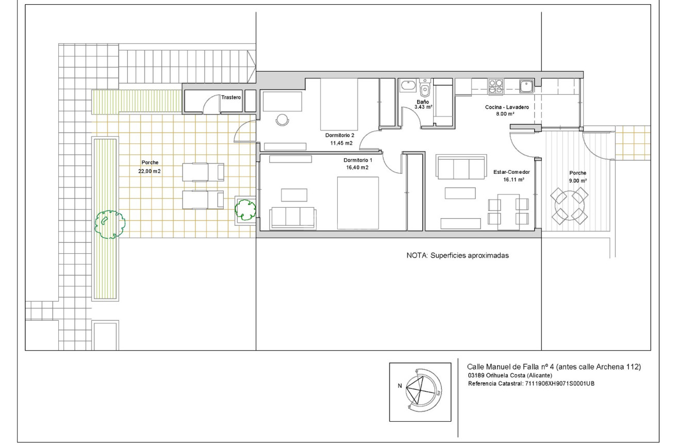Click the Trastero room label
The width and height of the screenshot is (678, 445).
pyautogui.click(x=231, y=97)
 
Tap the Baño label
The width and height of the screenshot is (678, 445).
pyautogui.click(x=423, y=102)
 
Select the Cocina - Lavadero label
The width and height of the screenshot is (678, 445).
pyautogui.click(x=507, y=107)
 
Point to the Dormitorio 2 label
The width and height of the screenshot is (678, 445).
pyautogui.click(x=340, y=135)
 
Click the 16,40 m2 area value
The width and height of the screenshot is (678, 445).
pyautogui.click(x=357, y=168)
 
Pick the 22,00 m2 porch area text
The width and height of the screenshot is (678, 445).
pyautogui.click(x=150, y=171)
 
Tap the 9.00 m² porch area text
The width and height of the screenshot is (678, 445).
pyautogui.click(x=578, y=180)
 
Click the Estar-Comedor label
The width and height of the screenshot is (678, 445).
pyautogui.click(x=511, y=172)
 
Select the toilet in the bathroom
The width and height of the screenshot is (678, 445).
pyautogui.click(x=425, y=87)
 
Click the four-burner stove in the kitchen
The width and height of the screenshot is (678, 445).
pyautogui.click(x=495, y=86)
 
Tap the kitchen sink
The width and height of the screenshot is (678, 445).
pyautogui.click(x=526, y=86)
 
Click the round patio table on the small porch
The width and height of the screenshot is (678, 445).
pyautogui.click(x=569, y=206)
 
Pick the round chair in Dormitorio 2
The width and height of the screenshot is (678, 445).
pyautogui.click(x=283, y=120)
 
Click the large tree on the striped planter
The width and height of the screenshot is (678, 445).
pyautogui.click(x=109, y=224)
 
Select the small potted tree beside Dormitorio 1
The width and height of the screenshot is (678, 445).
pyautogui.click(x=245, y=209)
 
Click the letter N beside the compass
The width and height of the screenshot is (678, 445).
pyautogui.click(x=400, y=386)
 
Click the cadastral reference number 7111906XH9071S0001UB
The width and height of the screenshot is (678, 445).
pyautogui.click(x=559, y=384)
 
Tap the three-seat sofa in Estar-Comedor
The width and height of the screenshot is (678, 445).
pyautogui.click(x=461, y=167)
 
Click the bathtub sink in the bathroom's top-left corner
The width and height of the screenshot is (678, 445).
pyautogui.click(x=409, y=86)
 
